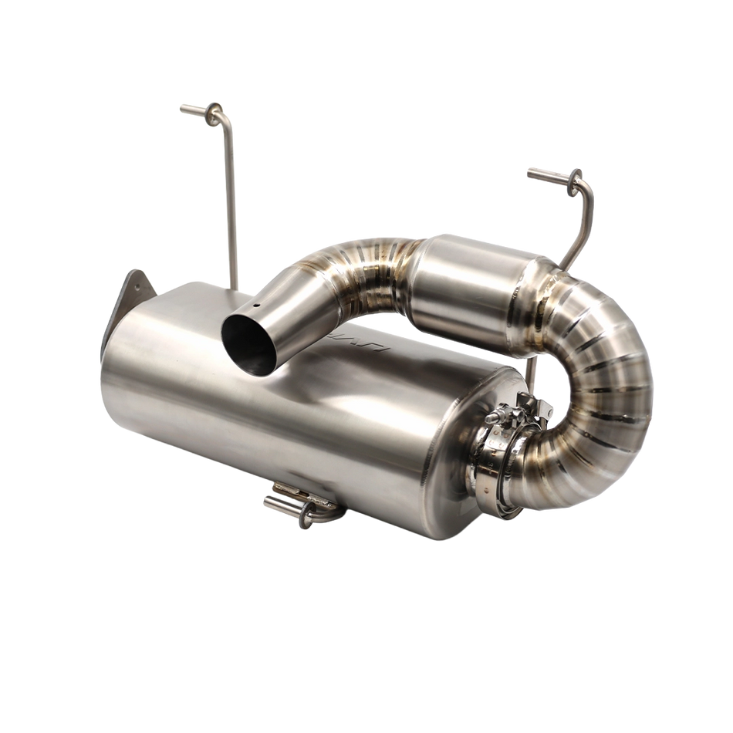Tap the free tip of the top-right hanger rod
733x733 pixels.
click(x=530, y=170)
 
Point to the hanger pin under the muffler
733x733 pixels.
click(x=278, y=505)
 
